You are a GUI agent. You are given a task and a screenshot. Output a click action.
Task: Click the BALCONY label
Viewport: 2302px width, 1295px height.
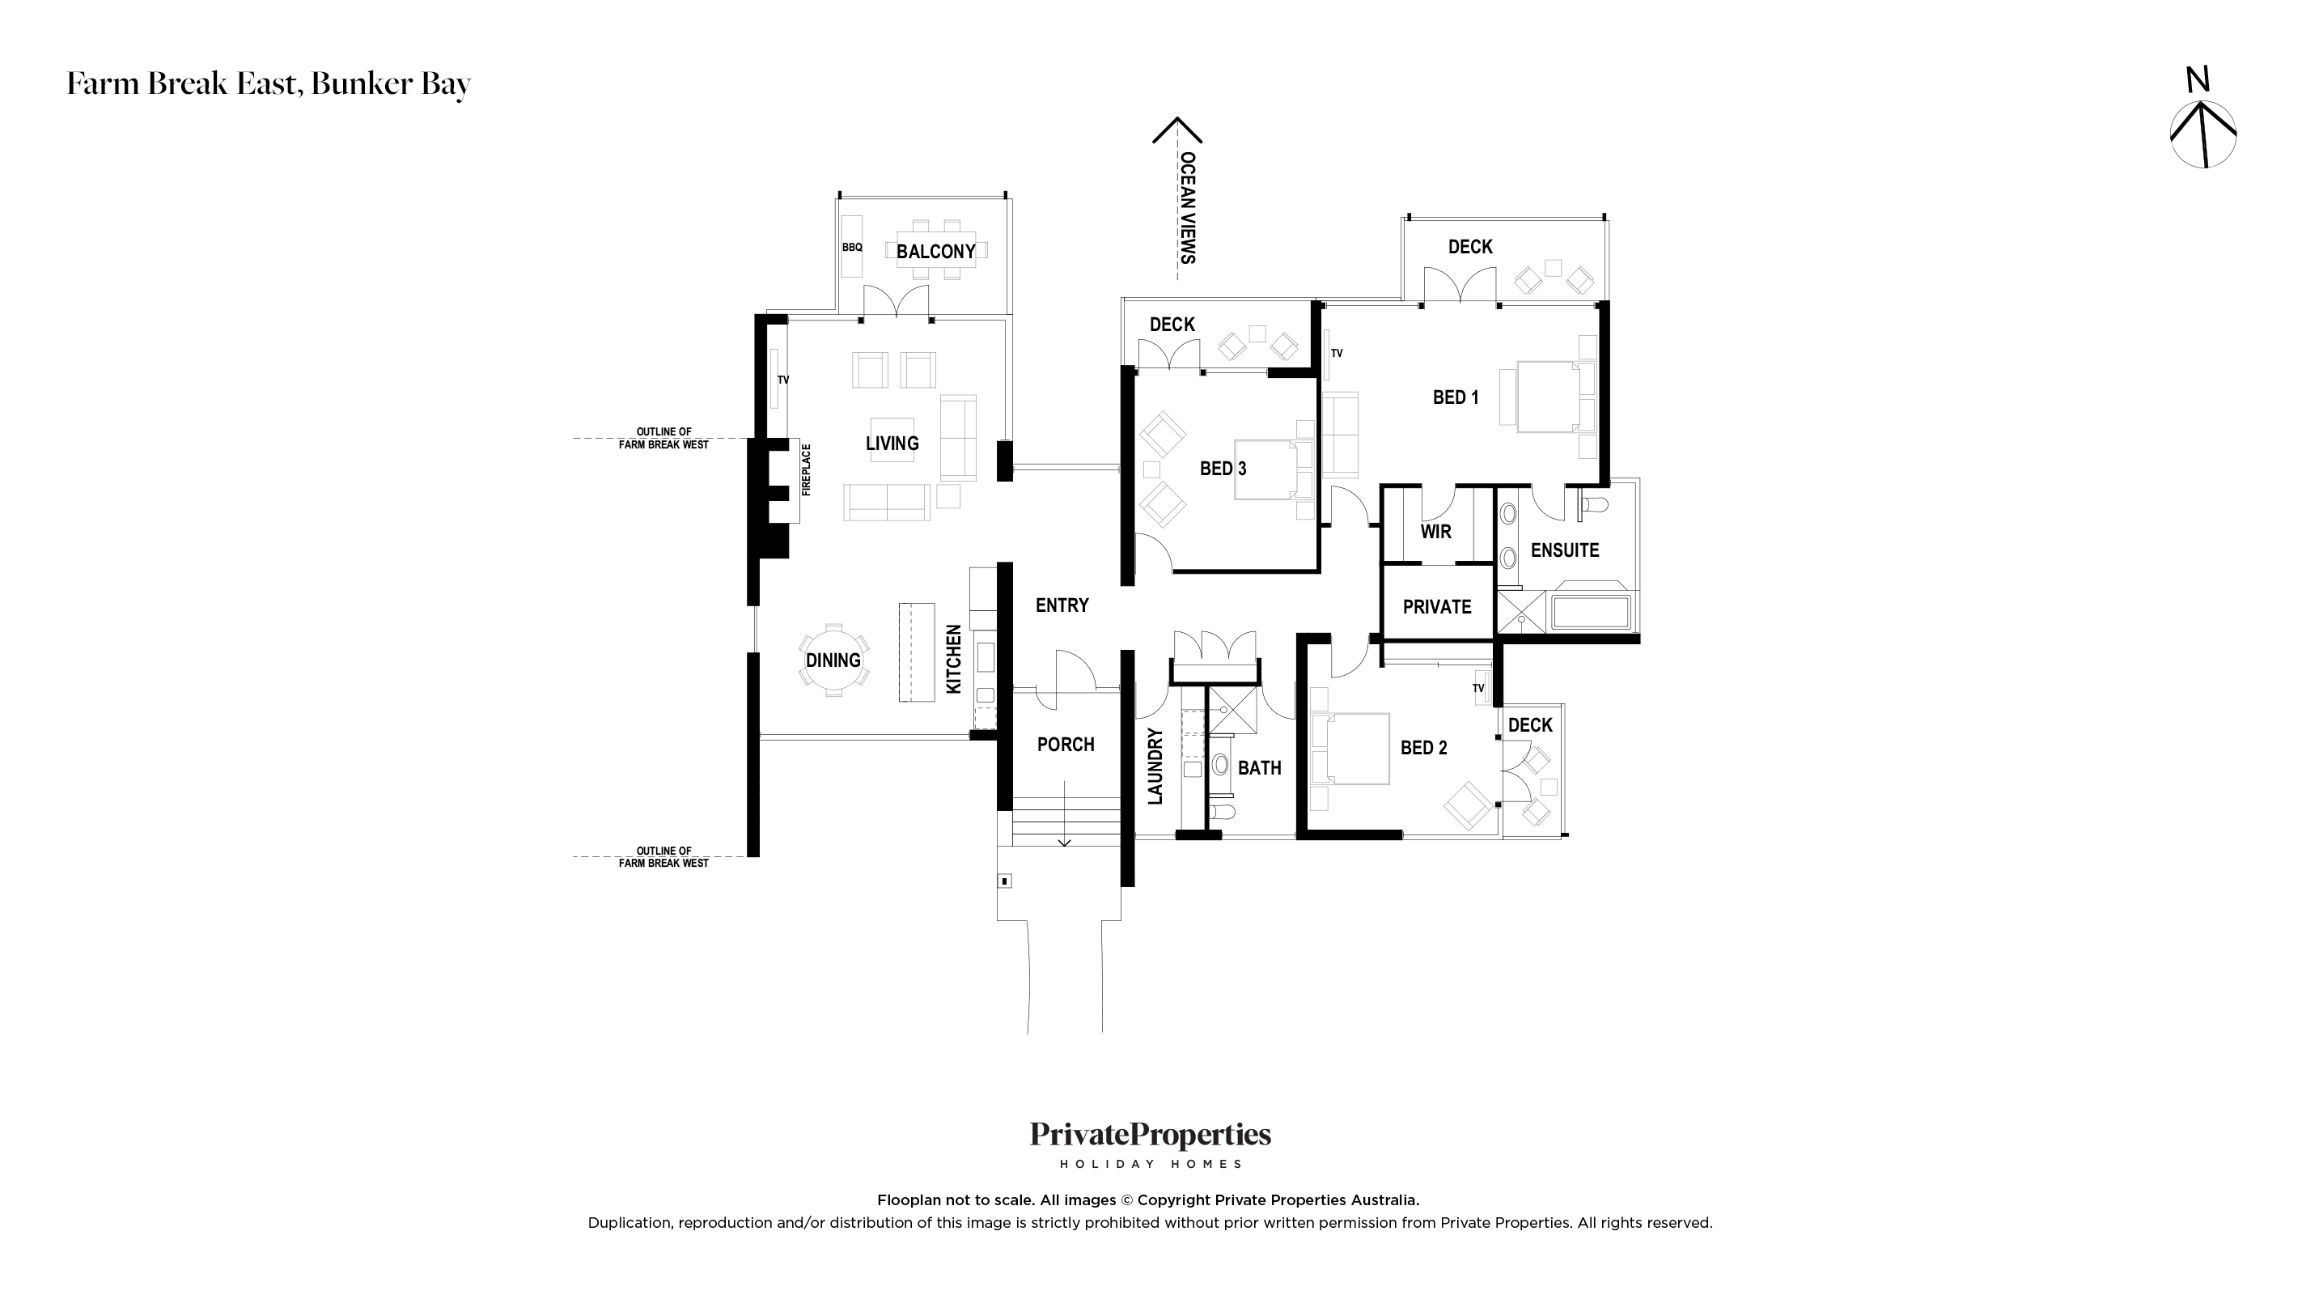pyautogui.click(x=935, y=251)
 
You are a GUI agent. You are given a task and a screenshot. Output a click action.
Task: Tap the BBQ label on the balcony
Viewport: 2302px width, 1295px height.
pyautogui.click(x=853, y=248)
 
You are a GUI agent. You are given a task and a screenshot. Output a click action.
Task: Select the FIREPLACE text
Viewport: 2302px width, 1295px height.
pyautogui.click(x=806, y=469)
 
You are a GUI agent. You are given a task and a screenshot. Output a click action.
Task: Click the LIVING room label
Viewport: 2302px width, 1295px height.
pyautogui.click(x=892, y=444)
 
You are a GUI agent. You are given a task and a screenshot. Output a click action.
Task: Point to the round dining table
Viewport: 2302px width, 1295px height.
pyautogui.click(x=833, y=660)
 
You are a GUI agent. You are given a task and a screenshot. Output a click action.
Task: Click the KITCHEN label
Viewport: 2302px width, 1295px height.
pyautogui.click(x=953, y=659)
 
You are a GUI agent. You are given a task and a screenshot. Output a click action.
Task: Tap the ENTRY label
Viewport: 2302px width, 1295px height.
pyautogui.click(x=1062, y=605)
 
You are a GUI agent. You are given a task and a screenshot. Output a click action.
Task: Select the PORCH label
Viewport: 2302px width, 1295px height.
pyautogui.click(x=1065, y=745)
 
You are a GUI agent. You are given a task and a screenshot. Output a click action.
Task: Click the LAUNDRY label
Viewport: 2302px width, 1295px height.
pyautogui.click(x=1155, y=766)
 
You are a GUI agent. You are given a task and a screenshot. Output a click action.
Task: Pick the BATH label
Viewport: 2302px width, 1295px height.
pyautogui.click(x=1259, y=768)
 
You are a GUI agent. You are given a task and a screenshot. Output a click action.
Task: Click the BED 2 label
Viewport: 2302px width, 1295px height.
pyautogui.click(x=1423, y=747)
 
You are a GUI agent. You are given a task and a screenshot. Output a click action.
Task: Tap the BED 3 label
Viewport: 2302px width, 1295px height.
pyautogui.click(x=1223, y=469)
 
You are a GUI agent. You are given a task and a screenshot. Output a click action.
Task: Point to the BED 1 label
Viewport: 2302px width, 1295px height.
pyautogui.click(x=1456, y=397)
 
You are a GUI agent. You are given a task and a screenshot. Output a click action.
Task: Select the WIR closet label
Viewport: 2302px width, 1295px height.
pyautogui.click(x=1436, y=531)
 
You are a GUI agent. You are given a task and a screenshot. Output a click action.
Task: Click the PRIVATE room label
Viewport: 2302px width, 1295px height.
pyautogui.click(x=1437, y=607)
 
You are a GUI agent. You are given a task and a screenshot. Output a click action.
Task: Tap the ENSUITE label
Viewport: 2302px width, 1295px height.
pyautogui.click(x=1565, y=550)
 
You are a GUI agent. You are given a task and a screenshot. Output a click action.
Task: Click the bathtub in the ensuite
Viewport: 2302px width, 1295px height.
pyautogui.click(x=1592, y=612)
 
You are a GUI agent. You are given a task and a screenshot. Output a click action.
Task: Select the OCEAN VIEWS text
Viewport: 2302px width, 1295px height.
pyautogui.click(x=1188, y=207)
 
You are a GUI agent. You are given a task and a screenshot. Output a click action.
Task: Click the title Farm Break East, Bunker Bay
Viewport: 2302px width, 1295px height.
pyautogui.click(x=269, y=84)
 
